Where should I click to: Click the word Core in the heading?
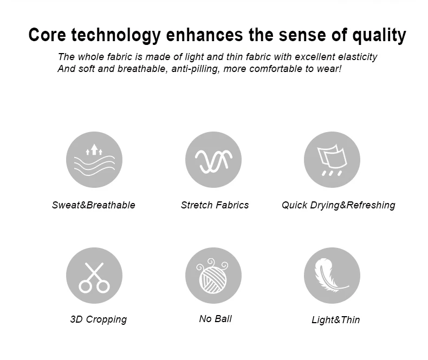pyautogui.click(x=47, y=35)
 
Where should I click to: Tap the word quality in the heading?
pyautogui.click(x=379, y=36)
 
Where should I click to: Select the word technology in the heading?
pyautogui.click(x=116, y=36)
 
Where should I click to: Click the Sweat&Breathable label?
pyautogui.click(x=94, y=205)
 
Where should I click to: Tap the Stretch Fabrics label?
pyautogui.click(x=215, y=205)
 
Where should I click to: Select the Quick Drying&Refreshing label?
pyautogui.click(x=339, y=205)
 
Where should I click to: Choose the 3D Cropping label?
pyautogui.click(x=99, y=319)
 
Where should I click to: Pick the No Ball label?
pyautogui.click(x=216, y=318)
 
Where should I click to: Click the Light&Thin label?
pyautogui.click(x=336, y=319)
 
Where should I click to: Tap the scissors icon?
pyautogui.click(x=94, y=278)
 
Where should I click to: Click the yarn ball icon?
pyautogui.click(x=213, y=276)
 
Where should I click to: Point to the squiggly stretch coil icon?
pyautogui.click(x=213, y=161)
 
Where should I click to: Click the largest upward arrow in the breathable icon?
pyautogui.click(x=94, y=149)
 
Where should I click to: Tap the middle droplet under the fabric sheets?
pyautogui.click(x=332, y=173)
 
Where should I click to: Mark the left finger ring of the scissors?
pyautogui.click(x=85, y=287)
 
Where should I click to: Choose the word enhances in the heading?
pyautogui.click(x=204, y=35)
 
